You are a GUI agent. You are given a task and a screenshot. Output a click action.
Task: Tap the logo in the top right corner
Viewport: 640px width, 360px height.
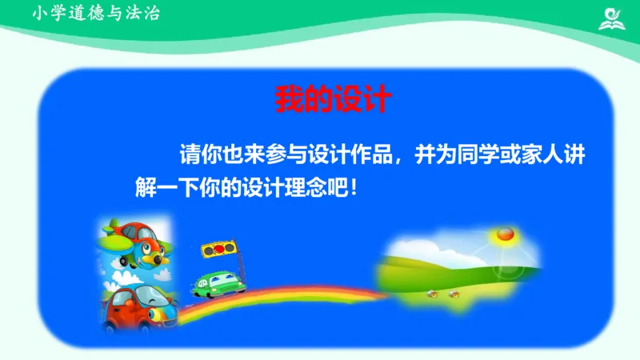coord(614,18)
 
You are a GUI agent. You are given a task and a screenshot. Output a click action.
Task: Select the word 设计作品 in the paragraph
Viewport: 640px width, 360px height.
coord(353,155)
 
